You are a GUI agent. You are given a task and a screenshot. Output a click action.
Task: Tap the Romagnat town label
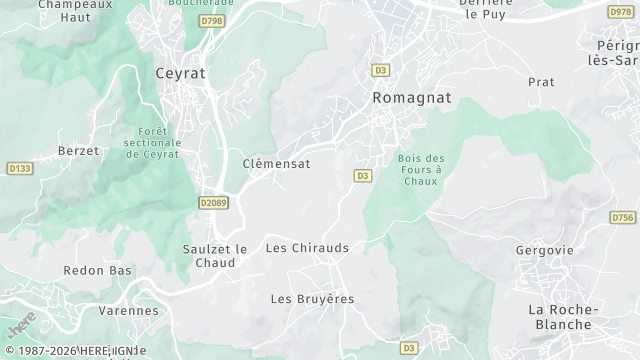(411, 98)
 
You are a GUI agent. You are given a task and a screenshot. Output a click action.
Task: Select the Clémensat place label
(277, 163)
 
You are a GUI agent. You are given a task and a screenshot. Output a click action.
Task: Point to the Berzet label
(79, 151)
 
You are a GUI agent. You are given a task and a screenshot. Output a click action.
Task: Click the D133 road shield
(19, 168)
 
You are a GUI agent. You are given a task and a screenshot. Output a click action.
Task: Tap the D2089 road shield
(213, 202)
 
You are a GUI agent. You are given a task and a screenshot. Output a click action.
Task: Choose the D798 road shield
(211, 20)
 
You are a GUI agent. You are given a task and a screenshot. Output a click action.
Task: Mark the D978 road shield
(620, 12)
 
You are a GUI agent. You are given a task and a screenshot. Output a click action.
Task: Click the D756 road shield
(622, 217)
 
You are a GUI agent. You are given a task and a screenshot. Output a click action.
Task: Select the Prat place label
(541, 82)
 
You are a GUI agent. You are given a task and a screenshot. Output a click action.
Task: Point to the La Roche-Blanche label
(564, 317)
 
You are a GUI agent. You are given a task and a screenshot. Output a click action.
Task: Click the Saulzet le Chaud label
(215, 256)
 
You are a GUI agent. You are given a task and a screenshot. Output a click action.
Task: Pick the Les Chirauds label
(307, 247)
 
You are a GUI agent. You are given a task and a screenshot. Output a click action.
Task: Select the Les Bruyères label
(312, 299)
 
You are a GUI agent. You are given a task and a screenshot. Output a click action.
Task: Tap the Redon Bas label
(98, 271)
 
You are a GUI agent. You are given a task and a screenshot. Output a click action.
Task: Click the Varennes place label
(129, 311)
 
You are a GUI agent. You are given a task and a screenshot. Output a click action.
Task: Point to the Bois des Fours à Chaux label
(421, 170)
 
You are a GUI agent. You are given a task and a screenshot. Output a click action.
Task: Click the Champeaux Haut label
(76, 10)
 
